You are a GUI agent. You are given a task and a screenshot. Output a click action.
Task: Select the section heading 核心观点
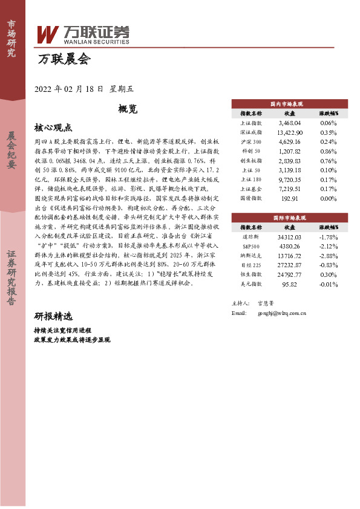(53, 128)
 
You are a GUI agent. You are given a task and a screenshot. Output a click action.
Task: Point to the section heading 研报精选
(53, 317)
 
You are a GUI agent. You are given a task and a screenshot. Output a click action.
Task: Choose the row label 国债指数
(251, 198)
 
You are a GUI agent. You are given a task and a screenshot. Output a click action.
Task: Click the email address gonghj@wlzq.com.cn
(282, 313)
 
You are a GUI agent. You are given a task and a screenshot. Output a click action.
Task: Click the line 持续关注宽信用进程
(63, 331)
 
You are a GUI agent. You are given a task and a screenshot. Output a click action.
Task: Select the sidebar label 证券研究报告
(11, 285)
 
